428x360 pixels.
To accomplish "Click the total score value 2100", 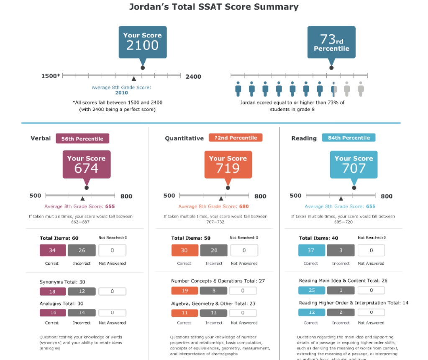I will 142,45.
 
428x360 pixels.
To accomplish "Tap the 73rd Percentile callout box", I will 331,42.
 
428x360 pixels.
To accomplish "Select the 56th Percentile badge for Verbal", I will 82,138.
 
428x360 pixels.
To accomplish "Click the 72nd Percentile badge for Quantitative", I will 236,138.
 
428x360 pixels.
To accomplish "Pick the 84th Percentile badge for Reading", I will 349,138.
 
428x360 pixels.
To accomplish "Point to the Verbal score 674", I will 86,168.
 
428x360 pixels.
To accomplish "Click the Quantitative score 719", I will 228,168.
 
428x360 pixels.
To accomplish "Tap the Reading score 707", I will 354,168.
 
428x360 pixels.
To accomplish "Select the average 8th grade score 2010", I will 121,93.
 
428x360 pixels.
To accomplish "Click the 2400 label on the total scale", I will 193,77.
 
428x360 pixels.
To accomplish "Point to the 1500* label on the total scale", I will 51,76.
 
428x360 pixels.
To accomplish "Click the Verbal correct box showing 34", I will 53,250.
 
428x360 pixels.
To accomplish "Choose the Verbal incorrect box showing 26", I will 82,250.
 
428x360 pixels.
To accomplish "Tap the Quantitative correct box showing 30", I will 185,250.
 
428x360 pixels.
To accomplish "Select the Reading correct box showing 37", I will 311,250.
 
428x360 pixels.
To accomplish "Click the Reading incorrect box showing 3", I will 341,250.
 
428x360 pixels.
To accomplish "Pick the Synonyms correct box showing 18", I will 53,291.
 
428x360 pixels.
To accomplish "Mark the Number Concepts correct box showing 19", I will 185,291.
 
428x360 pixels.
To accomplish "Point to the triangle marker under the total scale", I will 133,79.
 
